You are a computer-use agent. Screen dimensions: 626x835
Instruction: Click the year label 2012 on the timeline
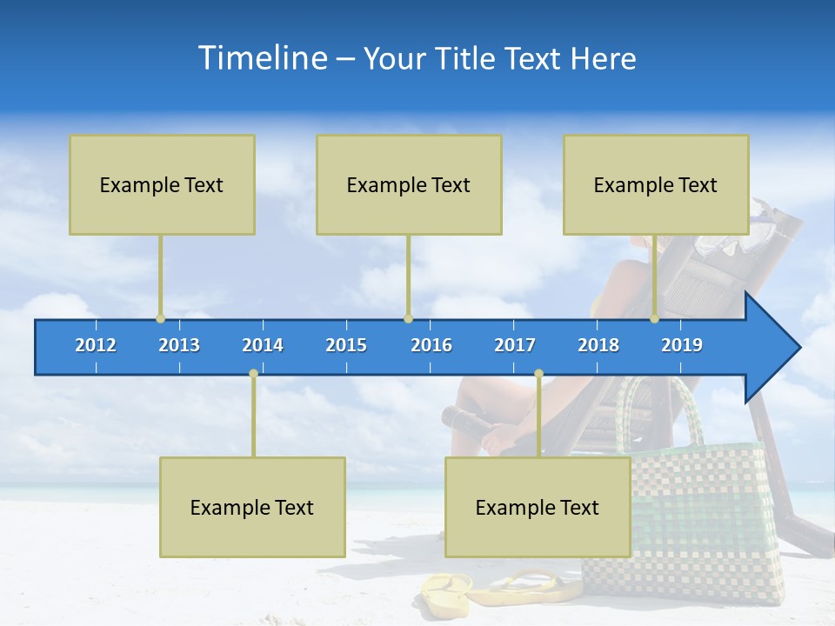point(96,345)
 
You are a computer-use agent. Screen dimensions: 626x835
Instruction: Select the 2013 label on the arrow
point(179,345)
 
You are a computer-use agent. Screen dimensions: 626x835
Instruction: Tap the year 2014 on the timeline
point(263,345)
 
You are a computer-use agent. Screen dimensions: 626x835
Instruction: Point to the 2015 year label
point(346,345)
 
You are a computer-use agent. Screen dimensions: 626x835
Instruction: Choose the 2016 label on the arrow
point(431,345)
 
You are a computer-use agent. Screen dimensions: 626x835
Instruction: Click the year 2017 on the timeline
point(515,345)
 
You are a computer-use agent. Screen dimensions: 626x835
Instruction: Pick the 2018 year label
point(598,345)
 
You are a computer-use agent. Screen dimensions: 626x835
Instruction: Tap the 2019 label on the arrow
point(682,345)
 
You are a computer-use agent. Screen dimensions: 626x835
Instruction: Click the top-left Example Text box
point(162,184)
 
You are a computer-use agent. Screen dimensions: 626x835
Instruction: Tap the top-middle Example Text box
point(409,184)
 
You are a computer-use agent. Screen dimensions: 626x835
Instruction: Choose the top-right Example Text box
point(656,184)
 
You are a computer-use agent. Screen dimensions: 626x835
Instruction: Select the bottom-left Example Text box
point(252,507)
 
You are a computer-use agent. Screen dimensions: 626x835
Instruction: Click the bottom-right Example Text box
point(538,507)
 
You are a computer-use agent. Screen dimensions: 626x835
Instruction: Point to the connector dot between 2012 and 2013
point(160,318)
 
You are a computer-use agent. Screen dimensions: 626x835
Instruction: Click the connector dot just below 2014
point(253,373)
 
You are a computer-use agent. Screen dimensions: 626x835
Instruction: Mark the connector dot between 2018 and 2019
point(654,318)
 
